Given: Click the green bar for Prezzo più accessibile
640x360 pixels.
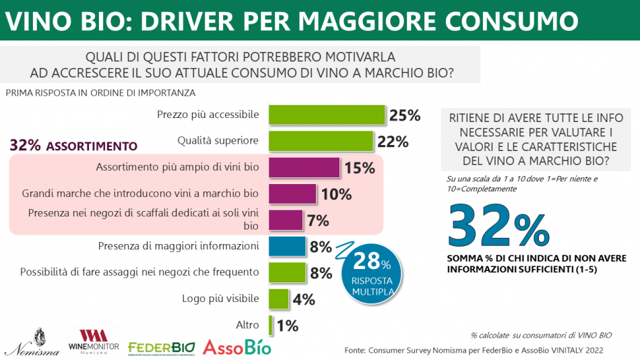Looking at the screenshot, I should click(x=327, y=115).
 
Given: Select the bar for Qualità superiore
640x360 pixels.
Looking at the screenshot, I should click(x=321, y=142).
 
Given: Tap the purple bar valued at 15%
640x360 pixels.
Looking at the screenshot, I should click(x=304, y=168).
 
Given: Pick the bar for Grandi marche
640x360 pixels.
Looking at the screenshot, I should click(x=292, y=194).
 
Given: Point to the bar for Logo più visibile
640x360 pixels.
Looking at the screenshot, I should click(x=278, y=299).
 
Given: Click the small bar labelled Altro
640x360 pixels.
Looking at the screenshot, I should click(x=271, y=326).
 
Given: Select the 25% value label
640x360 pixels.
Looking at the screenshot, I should click(x=405, y=115).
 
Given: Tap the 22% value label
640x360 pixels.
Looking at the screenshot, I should click(x=393, y=142).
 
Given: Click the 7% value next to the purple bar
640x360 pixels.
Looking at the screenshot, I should click(x=318, y=220).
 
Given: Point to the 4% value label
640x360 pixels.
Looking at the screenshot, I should click(x=304, y=299).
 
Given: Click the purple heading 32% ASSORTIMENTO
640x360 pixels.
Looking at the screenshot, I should click(x=73, y=146).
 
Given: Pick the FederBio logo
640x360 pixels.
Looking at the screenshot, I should click(x=161, y=347).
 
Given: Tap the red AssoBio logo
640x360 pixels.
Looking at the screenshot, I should click(x=236, y=347).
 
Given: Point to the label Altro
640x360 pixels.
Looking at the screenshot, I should click(x=247, y=325).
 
